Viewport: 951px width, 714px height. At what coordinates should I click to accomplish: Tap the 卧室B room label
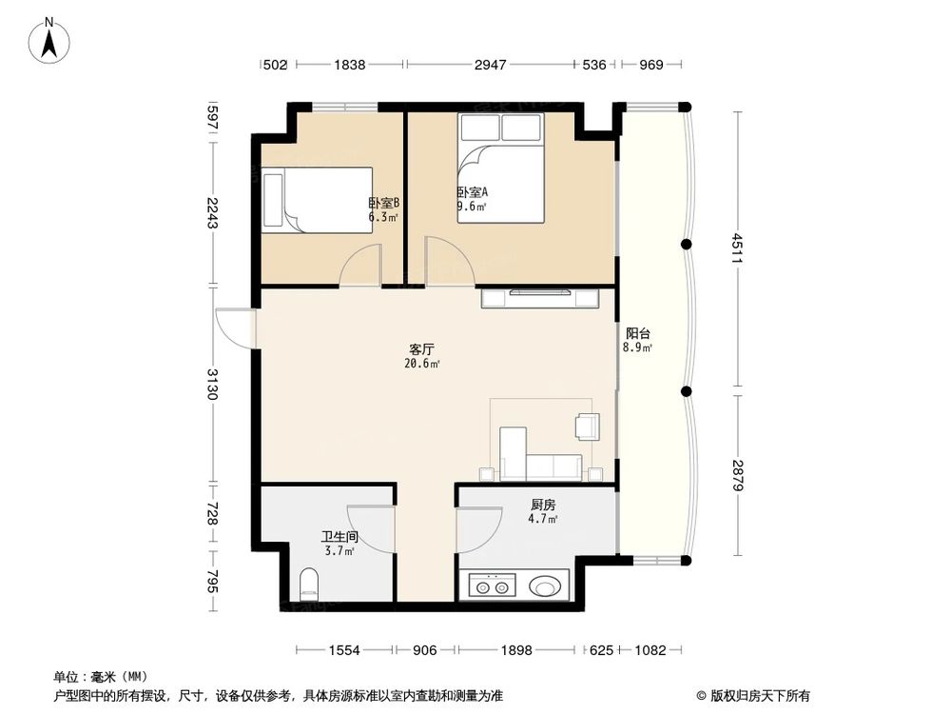click(x=383, y=204)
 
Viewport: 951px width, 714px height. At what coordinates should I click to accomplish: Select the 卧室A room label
click(x=473, y=192)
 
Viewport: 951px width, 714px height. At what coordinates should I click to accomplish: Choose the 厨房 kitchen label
click(x=543, y=506)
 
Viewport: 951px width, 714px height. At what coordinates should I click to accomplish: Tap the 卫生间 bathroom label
click(x=340, y=537)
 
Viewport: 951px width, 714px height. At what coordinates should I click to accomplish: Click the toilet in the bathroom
click(x=309, y=584)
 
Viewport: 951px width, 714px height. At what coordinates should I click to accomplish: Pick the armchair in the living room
click(x=587, y=426)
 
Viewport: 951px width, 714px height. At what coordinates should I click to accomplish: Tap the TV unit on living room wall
click(x=539, y=298)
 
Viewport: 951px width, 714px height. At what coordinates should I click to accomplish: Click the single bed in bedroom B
click(x=318, y=200)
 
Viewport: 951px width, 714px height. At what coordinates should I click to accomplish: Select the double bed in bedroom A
click(x=500, y=169)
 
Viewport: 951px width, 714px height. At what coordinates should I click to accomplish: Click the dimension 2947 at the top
click(x=491, y=65)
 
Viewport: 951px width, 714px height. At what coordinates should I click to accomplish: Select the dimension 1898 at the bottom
click(x=518, y=650)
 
